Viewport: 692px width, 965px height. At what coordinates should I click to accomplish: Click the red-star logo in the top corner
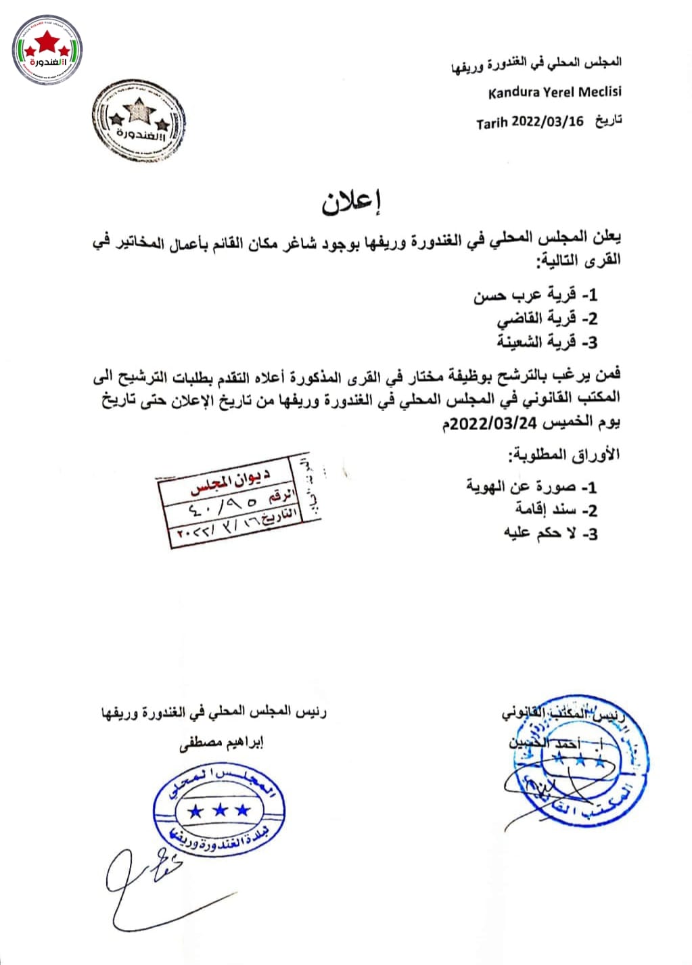[47, 49]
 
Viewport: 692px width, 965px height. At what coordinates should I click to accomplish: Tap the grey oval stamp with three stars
[139, 121]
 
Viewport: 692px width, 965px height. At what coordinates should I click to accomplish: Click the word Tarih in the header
[492, 123]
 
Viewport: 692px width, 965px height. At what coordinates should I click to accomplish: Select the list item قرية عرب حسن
[534, 295]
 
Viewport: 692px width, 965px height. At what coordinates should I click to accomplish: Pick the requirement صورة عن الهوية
[531, 486]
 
